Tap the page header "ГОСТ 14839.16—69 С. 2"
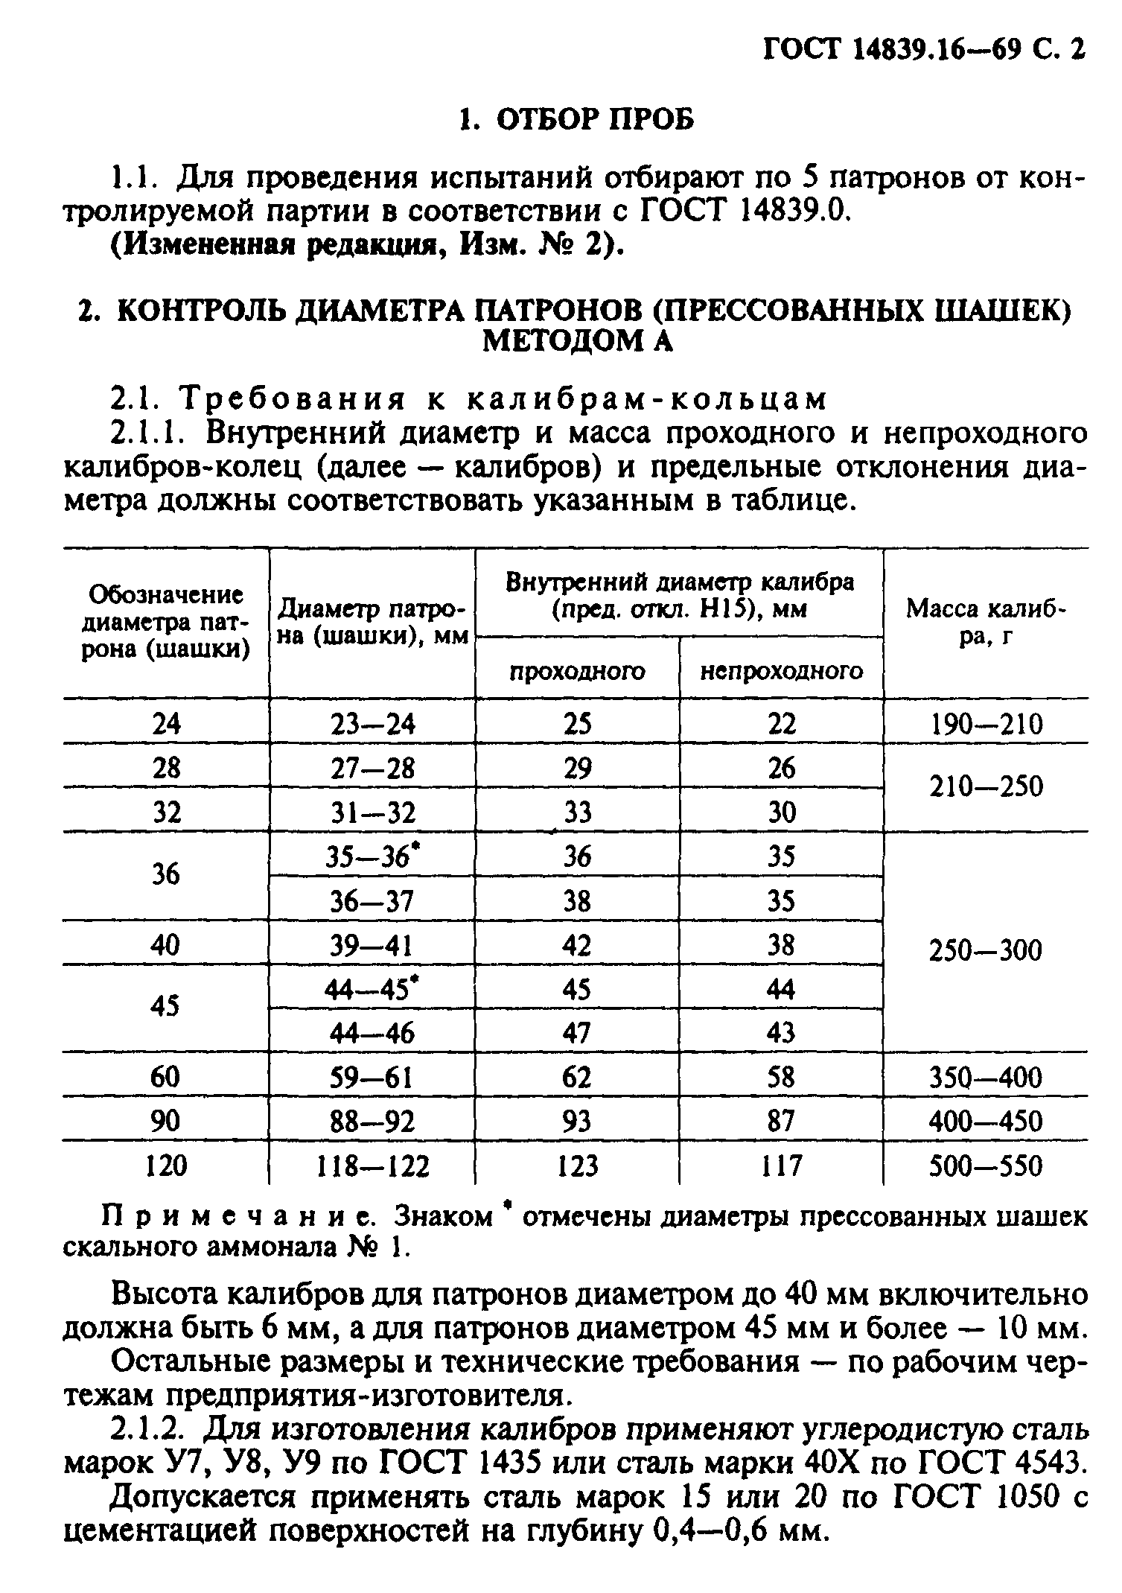[x=924, y=50]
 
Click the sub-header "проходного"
[x=577, y=672]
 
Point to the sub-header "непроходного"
[x=782, y=672]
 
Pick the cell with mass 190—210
[x=986, y=724]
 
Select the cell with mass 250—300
[x=986, y=950]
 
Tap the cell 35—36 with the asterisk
[x=370, y=856]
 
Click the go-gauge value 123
[x=577, y=1166]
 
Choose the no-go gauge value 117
[x=782, y=1166]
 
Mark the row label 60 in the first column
[x=165, y=1077]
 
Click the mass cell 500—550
[x=986, y=1166]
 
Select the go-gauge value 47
[x=577, y=1033]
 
